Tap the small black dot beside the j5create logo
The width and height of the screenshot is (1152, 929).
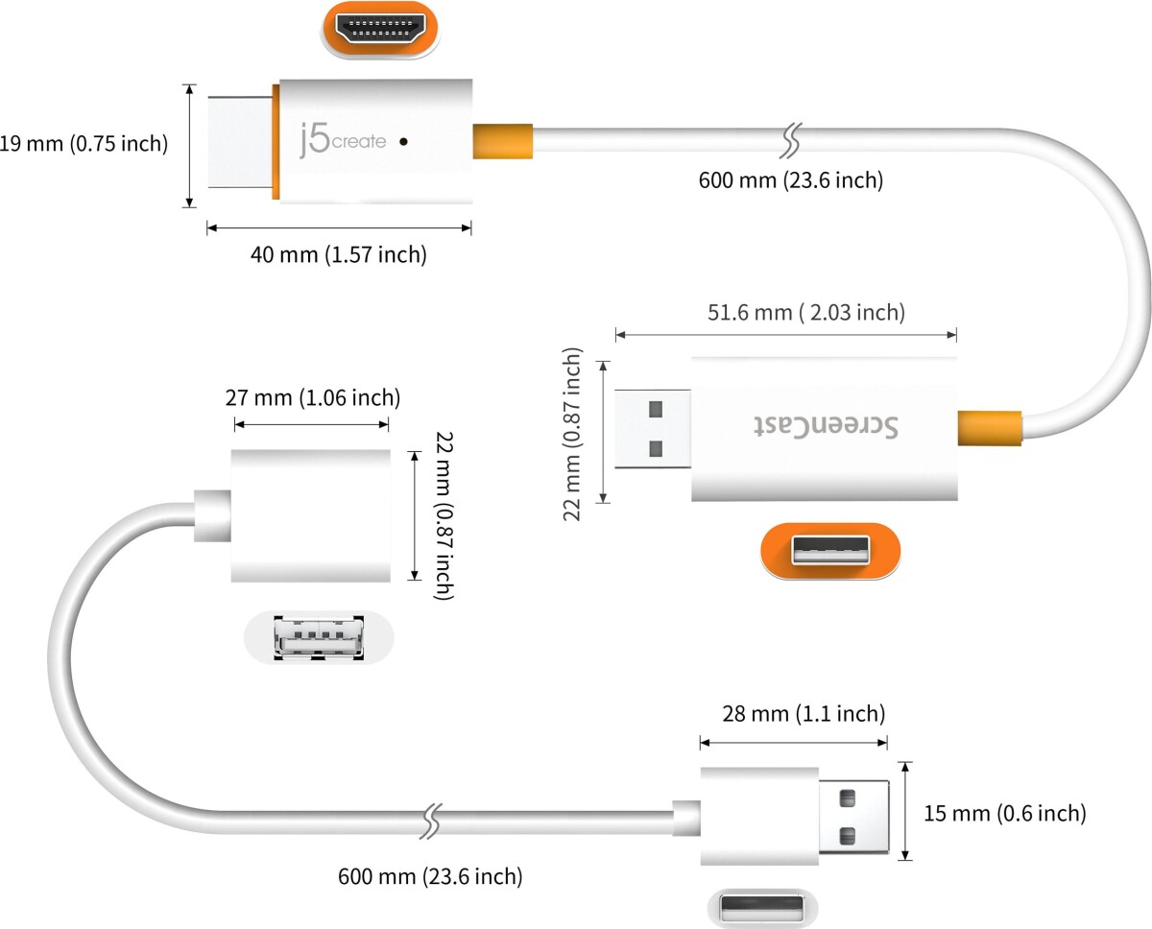pos(403,142)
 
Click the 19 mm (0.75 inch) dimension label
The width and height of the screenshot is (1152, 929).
pos(84,144)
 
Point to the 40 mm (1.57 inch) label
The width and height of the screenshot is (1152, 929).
pos(338,254)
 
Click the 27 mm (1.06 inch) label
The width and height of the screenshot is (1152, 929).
pos(312,397)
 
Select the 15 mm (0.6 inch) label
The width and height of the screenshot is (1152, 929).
pos(1004,814)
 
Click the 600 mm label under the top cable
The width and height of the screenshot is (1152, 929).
pos(790,179)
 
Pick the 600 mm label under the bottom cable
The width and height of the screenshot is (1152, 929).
pos(430,875)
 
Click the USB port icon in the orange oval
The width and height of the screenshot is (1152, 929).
pos(830,551)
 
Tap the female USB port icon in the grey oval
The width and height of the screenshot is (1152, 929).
pos(319,636)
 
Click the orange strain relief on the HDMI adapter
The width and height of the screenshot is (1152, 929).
pos(502,141)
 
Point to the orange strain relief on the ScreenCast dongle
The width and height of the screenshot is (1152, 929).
pos(988,428)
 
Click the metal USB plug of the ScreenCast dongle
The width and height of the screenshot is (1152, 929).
pos(653,428)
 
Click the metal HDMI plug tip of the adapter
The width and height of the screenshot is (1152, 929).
pos(239,141)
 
